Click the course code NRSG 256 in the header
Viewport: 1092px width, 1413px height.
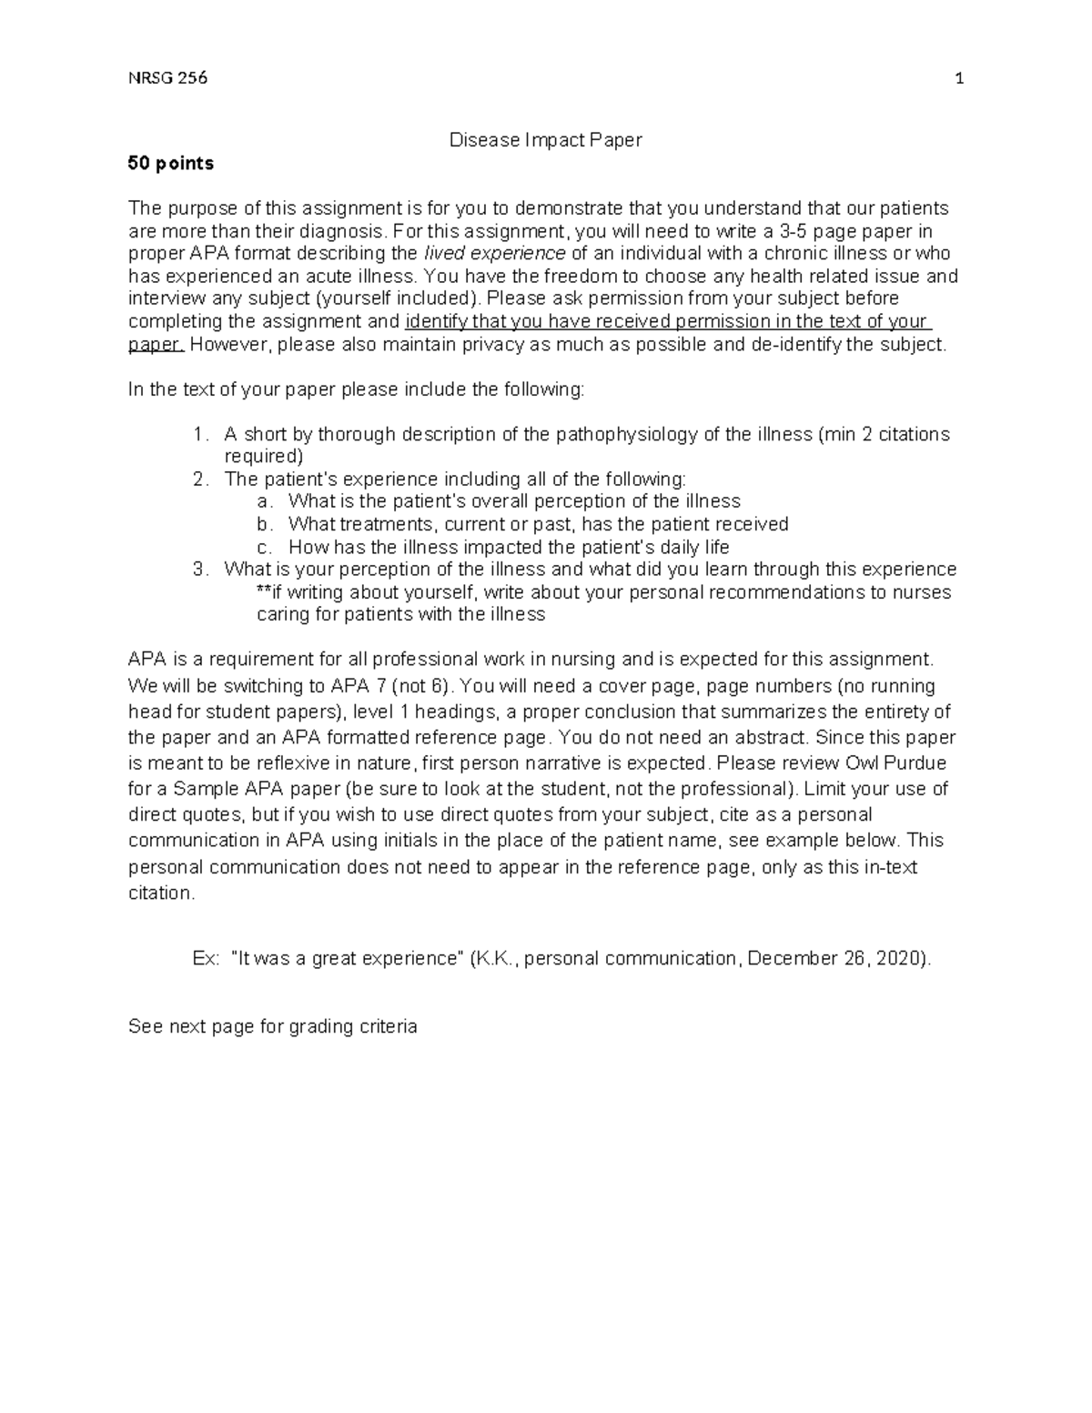[167, 78]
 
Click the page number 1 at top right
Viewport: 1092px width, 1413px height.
[958, 78]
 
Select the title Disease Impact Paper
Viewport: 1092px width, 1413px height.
[546, 140]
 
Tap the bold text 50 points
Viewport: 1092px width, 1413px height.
[171, 164]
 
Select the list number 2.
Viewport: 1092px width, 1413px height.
[200, 479]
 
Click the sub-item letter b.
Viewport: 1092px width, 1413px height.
[264, 524]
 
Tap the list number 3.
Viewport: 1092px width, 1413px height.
[200, 570]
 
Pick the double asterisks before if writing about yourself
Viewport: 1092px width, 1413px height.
[265, 592]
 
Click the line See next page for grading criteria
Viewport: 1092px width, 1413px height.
[273, 1027]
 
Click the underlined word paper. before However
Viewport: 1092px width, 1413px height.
[156, 345]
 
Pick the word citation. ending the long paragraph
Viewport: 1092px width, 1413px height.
[161, 893]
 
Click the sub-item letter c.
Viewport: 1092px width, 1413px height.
[264, 548]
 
